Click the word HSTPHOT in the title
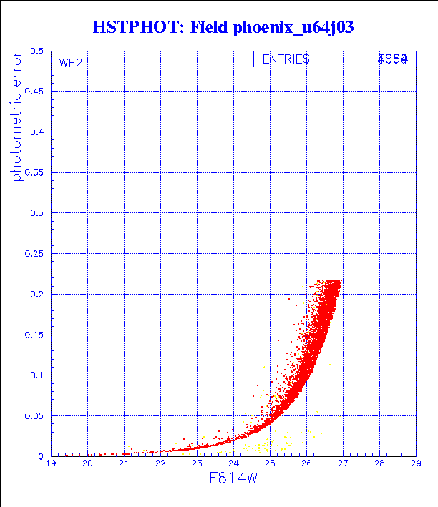pyautogui.click(x=135, y=28)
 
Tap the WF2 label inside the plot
pyautogui.click(x=70, y=63)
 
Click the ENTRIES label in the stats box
pyautogui.click(x=286, y=59)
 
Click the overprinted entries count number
pyautogui.click(x=393, y=59)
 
